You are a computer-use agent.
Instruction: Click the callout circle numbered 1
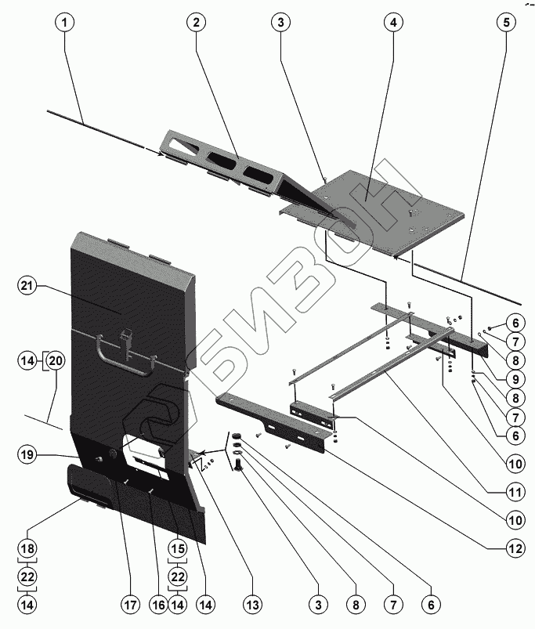coord(67,23)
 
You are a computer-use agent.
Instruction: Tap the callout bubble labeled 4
coord(389,23)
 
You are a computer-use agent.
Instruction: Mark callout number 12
coord(515,549)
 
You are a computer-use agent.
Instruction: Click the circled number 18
coord(28,548)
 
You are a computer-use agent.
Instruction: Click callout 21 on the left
coord(28,287)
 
